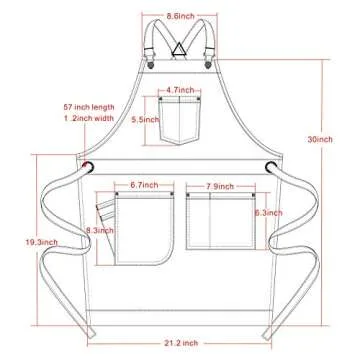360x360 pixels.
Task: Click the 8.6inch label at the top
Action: [x=181, y=16]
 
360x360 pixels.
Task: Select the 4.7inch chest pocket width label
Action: [x=181, y=90]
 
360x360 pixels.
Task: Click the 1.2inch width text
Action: [x=84, y=116]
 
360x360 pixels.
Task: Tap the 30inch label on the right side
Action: [x=320, y=139]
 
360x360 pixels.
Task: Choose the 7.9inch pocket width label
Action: [x=219, y=186]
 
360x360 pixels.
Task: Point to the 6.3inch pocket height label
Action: [x=265, y=213]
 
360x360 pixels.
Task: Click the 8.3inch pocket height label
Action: [x=98, y=231]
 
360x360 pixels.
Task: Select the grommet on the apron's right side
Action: [x=270, y=167]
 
